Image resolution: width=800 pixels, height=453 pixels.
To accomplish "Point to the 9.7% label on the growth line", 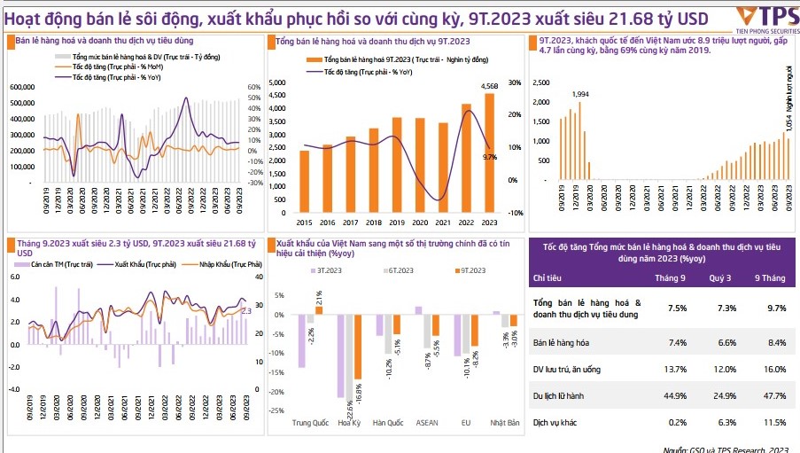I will pos(489,157).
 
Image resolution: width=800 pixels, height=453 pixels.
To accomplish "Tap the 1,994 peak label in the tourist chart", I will pos(580,94).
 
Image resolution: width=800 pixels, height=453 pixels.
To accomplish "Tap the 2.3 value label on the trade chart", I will pos(246,311).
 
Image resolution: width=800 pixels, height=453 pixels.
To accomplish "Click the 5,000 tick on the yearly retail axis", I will pos(276,84).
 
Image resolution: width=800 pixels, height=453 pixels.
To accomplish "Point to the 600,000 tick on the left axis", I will pos(21,87).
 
